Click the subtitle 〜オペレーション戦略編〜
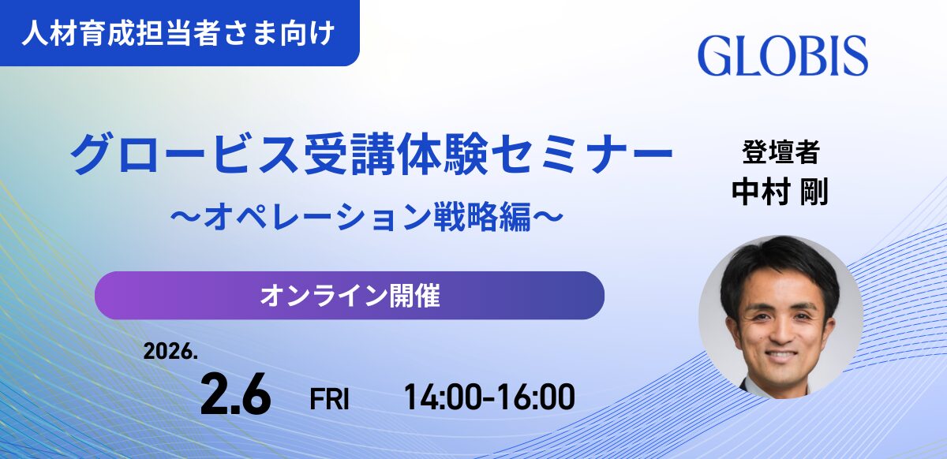[x=371, y=215]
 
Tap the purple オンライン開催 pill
[x=349, y=296]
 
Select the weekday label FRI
[x=329, y=399]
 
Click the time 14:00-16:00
[x=489, y=397]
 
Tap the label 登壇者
[x=780, y=150]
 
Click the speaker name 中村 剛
[x=780, y=191]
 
